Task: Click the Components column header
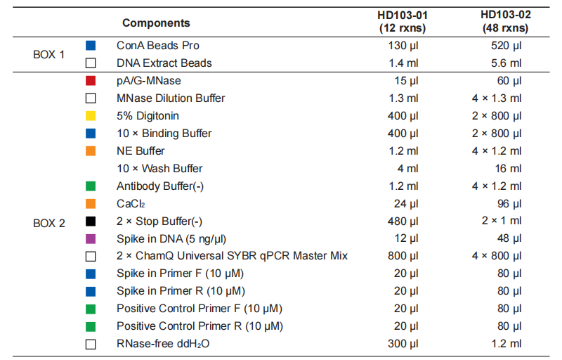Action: click(156, 23)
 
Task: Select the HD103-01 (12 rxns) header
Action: click(403, 22)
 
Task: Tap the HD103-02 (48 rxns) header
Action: click(505, 22)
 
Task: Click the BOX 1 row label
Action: click(48, 55)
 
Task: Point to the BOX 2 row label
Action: click(48, 223)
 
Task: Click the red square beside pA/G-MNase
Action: click(91, 81)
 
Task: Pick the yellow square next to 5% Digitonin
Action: click(91, 116)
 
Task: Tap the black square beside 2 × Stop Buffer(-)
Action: click(91, 221)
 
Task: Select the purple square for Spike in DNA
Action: click(91, 239)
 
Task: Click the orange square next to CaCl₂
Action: click(91, 204)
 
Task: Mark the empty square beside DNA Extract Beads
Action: click(91, 63)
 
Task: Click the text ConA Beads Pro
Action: click(157, 46)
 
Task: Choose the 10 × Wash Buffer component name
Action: click(159, 169)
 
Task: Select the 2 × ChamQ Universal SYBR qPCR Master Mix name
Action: click(232, 256)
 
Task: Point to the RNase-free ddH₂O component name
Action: click(163, 344)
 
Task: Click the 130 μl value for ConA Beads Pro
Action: click(403, 46)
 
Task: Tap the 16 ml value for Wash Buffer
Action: click(508, 169)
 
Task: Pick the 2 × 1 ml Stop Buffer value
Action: click(502, 221)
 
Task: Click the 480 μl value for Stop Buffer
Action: click(403, 221)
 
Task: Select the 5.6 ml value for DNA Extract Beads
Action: click(506, 63)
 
